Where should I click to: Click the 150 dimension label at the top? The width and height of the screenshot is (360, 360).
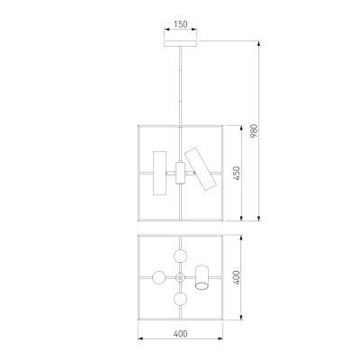tap(180, 24)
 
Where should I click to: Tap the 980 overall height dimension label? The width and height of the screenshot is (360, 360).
tap(254, 130)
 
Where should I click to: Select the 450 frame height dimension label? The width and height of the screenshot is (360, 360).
tap(237, 174)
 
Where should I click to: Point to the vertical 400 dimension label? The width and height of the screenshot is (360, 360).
tap(237, 277)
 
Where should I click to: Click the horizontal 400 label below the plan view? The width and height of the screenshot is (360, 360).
tap(180, 334)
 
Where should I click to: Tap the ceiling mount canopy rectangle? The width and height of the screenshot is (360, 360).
tap(180, 43)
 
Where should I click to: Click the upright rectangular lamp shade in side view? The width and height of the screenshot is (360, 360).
tap(159, 173)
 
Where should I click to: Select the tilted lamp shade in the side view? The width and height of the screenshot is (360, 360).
tap(201, 169)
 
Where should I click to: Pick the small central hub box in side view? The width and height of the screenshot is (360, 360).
tap(180, 173)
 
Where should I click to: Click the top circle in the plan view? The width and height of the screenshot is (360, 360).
tap(180, 256)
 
